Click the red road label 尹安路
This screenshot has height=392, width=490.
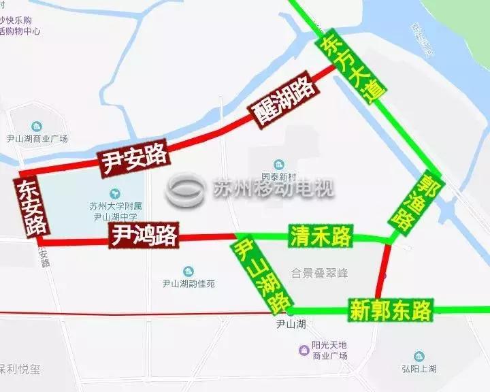point(134,158)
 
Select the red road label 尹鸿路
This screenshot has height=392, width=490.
point(144,235)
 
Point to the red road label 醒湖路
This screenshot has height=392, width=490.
point(284,103)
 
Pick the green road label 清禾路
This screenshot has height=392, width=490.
point(320,236)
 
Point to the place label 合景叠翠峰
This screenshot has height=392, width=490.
point(318,273)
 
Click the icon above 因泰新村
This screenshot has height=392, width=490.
point(278,165)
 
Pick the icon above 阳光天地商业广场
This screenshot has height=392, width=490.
point(305,350)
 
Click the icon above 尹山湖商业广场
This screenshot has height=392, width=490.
point(37,126)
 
